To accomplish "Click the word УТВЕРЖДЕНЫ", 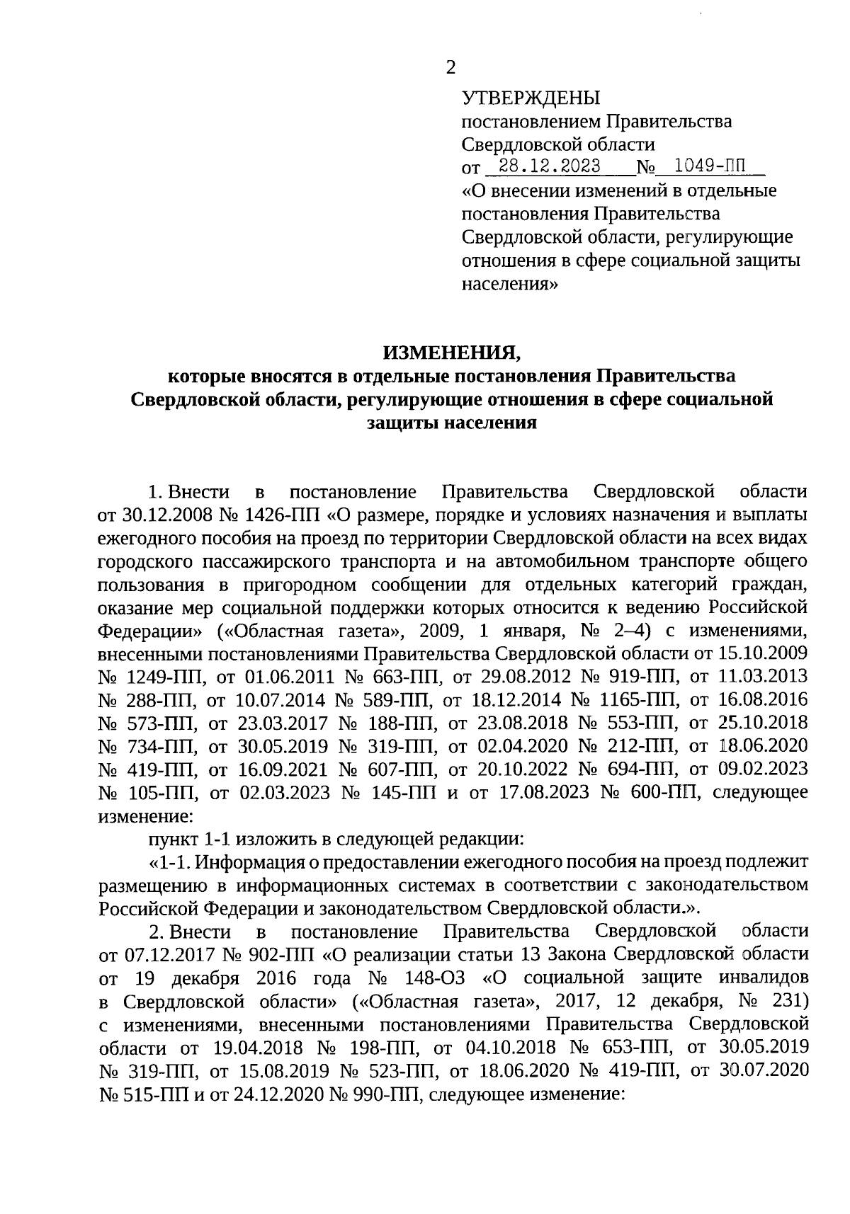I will pyautogui.click(x=531, y=98).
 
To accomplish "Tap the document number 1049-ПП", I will pyautogui.click(x=710, y=166).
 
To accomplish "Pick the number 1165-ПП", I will pyautogui.click(x=636, y=699).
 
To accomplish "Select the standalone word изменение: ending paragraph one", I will pyautogui.click(x=145, y=815).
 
